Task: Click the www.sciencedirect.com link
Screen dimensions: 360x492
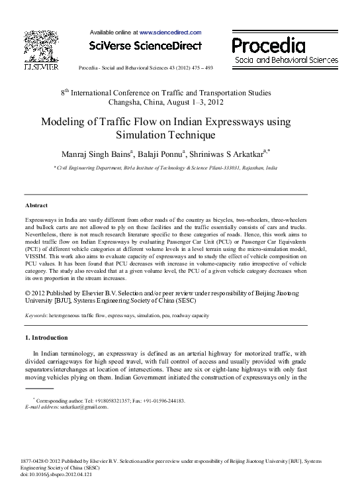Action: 170,32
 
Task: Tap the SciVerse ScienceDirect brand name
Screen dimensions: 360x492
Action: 144,46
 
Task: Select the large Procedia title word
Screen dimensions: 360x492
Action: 269,45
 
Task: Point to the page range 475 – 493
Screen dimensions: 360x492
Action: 199,68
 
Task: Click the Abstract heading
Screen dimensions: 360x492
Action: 36,205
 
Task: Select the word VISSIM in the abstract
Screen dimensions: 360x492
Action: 36,254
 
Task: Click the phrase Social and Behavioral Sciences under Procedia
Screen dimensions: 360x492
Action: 287,60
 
